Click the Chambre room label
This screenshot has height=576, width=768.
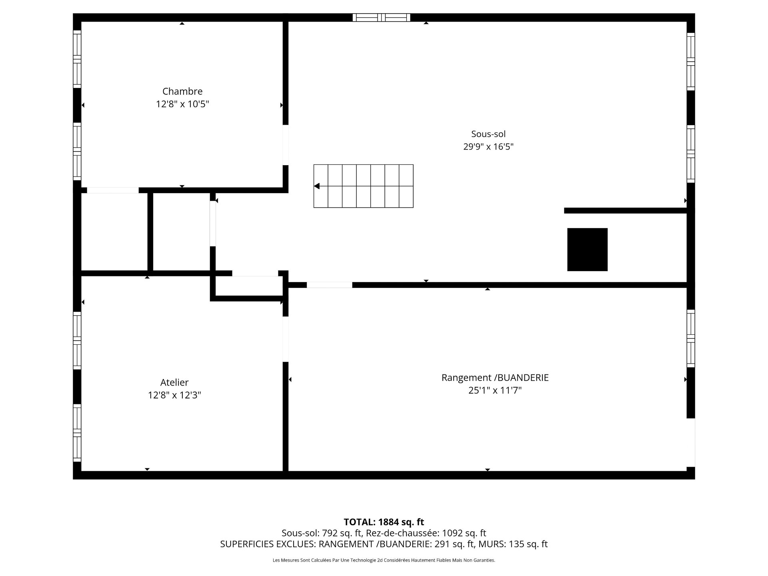(182, 91)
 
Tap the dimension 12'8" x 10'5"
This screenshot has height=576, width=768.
(182, 104)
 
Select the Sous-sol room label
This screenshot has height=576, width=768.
(488, 134)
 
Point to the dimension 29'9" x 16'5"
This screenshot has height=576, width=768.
(488, 147)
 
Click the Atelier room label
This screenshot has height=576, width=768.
(174, 382)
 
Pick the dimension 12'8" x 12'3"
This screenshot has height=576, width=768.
(174, 395)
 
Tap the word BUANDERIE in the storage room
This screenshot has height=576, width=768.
(523, 378)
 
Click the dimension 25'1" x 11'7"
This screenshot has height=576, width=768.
(495, 390)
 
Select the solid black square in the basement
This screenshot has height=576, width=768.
(587, 250)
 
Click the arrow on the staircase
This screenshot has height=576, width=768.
(317, 186)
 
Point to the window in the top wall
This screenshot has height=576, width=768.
(381, 17)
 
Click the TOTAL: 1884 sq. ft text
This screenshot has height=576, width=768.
(384, 522)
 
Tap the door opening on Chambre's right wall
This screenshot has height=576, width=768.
(286, 145)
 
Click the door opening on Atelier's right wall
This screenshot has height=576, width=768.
(286, 339)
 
